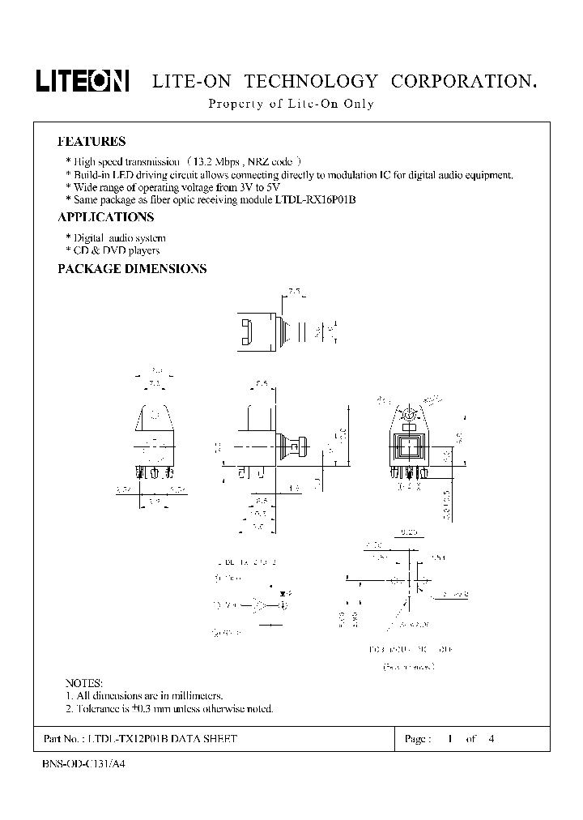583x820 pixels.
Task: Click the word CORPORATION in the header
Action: coord(463,82)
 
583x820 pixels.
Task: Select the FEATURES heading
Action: coord(91,141)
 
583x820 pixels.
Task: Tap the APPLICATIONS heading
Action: coord(105,217)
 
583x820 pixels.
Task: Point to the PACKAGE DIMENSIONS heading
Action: coord(132,269)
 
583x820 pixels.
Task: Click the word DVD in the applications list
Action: coord(114,250)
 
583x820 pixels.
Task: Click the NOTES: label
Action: coord(84,683)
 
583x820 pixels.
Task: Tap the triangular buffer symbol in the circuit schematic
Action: coord(261,604)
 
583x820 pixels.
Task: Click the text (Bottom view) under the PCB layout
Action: coord(408,666)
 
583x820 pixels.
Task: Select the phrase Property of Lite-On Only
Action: coord(291,104)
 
